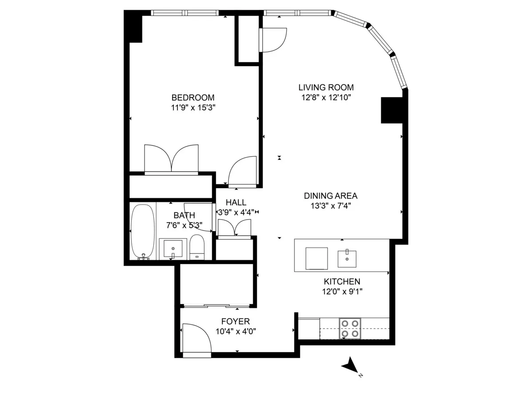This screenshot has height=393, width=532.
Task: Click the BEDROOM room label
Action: click(x=193, y=98)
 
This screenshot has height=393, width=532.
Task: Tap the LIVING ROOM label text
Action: click(x=326, y=87)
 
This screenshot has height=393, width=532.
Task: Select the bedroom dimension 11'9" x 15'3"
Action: click(x=193, y=107)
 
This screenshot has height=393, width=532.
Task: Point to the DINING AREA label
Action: click(x=330, y=196)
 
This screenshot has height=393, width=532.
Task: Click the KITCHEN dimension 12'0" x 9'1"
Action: click(x=341, y=291)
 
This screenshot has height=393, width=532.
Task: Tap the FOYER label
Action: click(x=235, y=322)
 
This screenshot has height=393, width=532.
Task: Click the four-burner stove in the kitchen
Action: click(x=350, y=328)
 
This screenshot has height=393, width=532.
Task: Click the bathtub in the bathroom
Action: click(x=143, y=232)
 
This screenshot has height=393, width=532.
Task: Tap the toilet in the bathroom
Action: click(x=196, y=248)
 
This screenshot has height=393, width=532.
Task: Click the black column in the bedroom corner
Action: click(x=133, y=27)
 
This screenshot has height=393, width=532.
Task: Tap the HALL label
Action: click(x=236, y=203)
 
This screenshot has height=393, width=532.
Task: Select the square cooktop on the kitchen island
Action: click(x=317, y=258)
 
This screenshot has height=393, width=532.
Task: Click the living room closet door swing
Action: click(x=273, y=40)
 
